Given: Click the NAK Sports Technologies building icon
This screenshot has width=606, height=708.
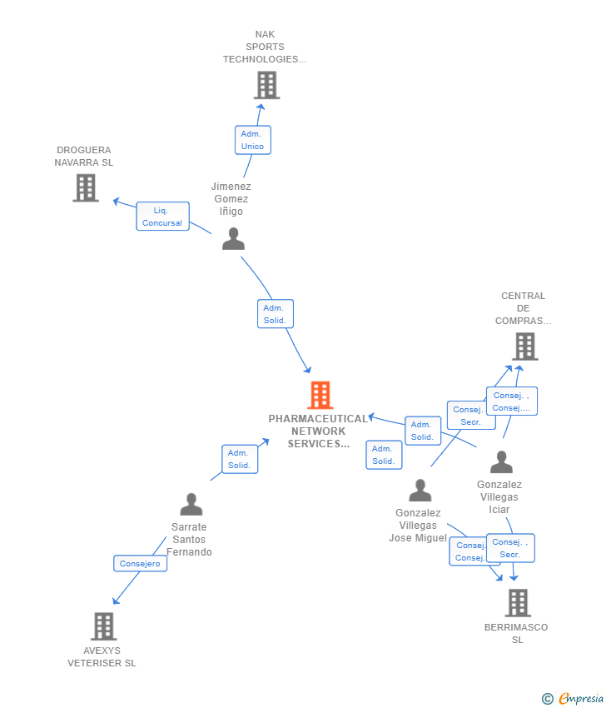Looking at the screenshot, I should pos(266,85).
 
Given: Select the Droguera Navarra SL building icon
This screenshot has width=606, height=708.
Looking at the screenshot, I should pos(86,188).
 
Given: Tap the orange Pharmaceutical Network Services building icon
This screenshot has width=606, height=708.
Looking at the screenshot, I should pos(320,395).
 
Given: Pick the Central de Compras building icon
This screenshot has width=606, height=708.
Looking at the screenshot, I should pos(524,347).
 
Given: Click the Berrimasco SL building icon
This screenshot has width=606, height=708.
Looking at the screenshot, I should pos(518,603).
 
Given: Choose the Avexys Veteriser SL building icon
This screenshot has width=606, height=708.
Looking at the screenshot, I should pos(103,626).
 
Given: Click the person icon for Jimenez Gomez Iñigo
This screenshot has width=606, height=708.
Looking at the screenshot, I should pos(234,239).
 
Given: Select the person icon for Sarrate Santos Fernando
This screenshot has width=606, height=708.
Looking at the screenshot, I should pos(191,505).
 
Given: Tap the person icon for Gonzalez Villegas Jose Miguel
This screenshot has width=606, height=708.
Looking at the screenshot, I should pos(420,491).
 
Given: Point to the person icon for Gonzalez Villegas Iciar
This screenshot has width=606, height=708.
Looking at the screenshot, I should pos(501,462).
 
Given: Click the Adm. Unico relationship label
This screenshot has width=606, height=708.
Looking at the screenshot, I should pos(252,140).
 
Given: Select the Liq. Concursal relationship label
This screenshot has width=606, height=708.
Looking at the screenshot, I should pos(162,217).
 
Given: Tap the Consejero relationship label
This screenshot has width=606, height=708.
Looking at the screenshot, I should pos(140,564).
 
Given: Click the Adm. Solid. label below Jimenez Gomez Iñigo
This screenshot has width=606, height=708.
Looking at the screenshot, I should pos(275,314).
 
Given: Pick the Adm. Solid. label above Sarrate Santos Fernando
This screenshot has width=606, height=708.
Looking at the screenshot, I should pos(239,459).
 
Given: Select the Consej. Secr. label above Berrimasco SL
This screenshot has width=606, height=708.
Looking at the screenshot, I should pos(510,548).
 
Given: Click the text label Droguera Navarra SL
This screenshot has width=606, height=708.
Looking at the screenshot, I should pos(84,157).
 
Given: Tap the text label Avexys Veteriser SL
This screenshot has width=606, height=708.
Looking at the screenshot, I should pos(102,656).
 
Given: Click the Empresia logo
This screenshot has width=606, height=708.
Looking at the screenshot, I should pos(579,698).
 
